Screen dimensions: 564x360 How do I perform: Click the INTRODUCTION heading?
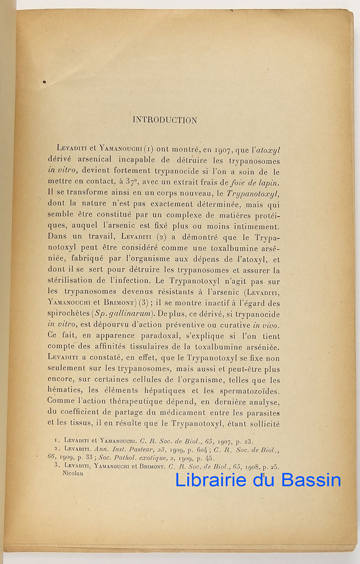tap(164, 120)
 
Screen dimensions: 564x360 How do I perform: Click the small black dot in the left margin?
tap(44, 82)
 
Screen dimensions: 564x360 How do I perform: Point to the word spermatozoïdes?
tap(252, 391)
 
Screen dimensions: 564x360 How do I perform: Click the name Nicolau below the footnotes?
tap(73, 473)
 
